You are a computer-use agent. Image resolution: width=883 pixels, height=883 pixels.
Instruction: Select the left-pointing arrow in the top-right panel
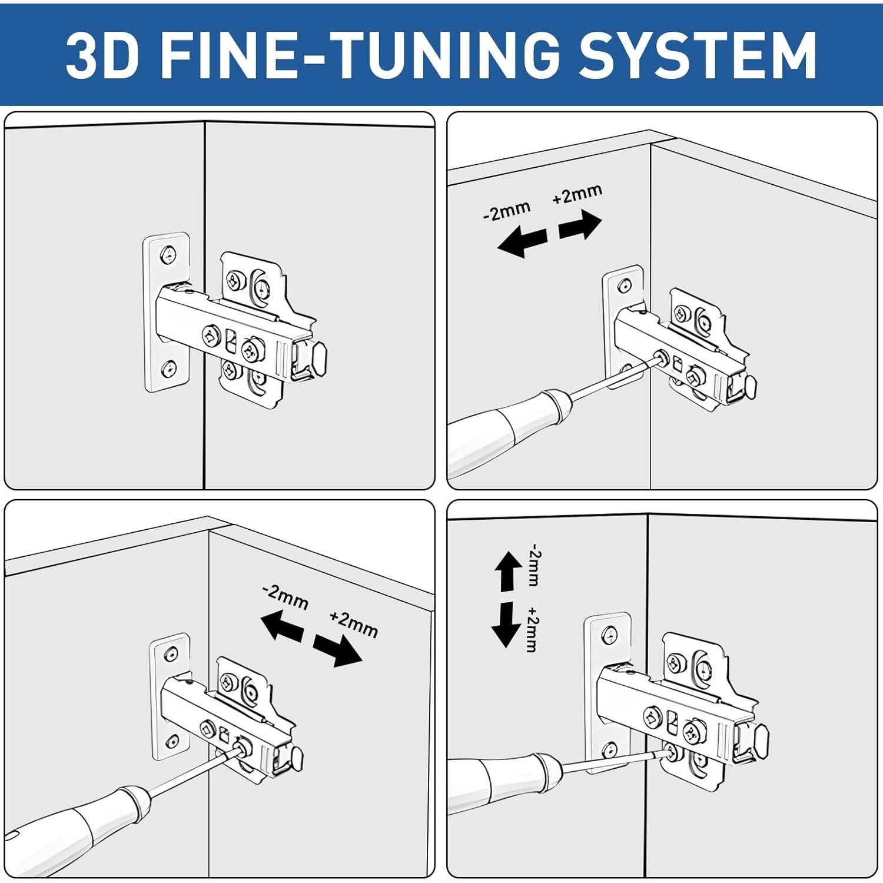(x=522, y=242)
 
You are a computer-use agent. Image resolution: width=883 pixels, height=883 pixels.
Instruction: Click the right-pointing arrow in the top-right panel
(x=580, y=226)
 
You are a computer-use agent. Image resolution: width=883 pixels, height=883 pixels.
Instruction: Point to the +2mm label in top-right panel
(x=577, y=194)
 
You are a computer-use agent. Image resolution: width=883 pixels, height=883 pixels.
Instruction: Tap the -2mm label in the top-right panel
(x=507, y=211)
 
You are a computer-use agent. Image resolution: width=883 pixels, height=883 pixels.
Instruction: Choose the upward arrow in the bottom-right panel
(x=507, y=570)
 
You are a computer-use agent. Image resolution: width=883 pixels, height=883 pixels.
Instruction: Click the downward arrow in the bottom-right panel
(x=506, y=625)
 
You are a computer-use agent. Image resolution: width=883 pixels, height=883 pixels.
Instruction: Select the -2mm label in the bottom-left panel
(x=286, y=597)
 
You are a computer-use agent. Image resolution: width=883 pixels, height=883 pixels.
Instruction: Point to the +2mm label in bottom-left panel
(x=353, y=625)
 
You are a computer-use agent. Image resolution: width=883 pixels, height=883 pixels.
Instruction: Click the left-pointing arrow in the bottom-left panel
(x=282, y=626)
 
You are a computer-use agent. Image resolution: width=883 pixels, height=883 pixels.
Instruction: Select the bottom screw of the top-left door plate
(x=170, y=369)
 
